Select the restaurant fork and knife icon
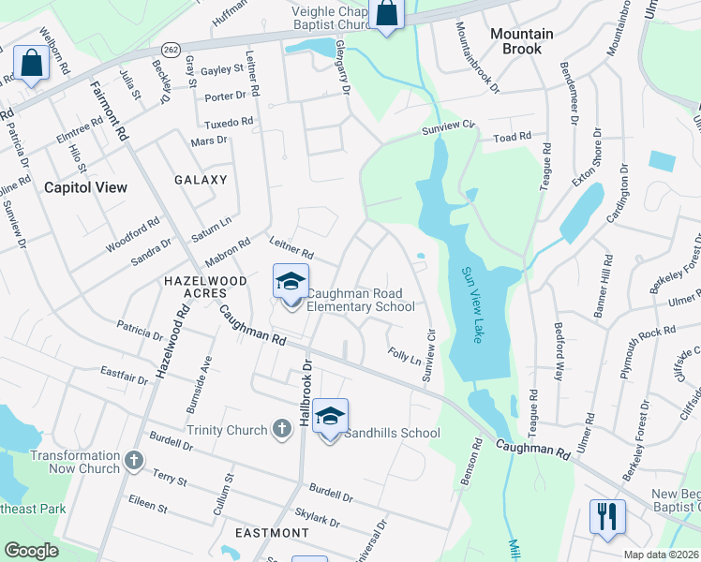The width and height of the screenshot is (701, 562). pos(607,516)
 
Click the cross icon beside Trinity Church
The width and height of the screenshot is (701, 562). pos(281,430)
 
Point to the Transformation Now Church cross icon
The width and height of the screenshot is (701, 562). pos(134,461)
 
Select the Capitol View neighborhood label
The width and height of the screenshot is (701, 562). pos(85,187)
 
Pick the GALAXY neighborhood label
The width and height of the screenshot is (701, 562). pos(201,180)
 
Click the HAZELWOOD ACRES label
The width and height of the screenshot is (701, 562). pos(205,287)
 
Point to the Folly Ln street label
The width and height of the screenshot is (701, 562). pos(404,356)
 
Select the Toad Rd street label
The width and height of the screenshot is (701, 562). pos(513,137)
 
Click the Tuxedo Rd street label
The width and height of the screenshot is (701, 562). pos(229,123)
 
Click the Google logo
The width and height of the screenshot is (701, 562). pos(31,551)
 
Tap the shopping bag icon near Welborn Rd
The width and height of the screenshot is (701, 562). pos(31,65)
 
